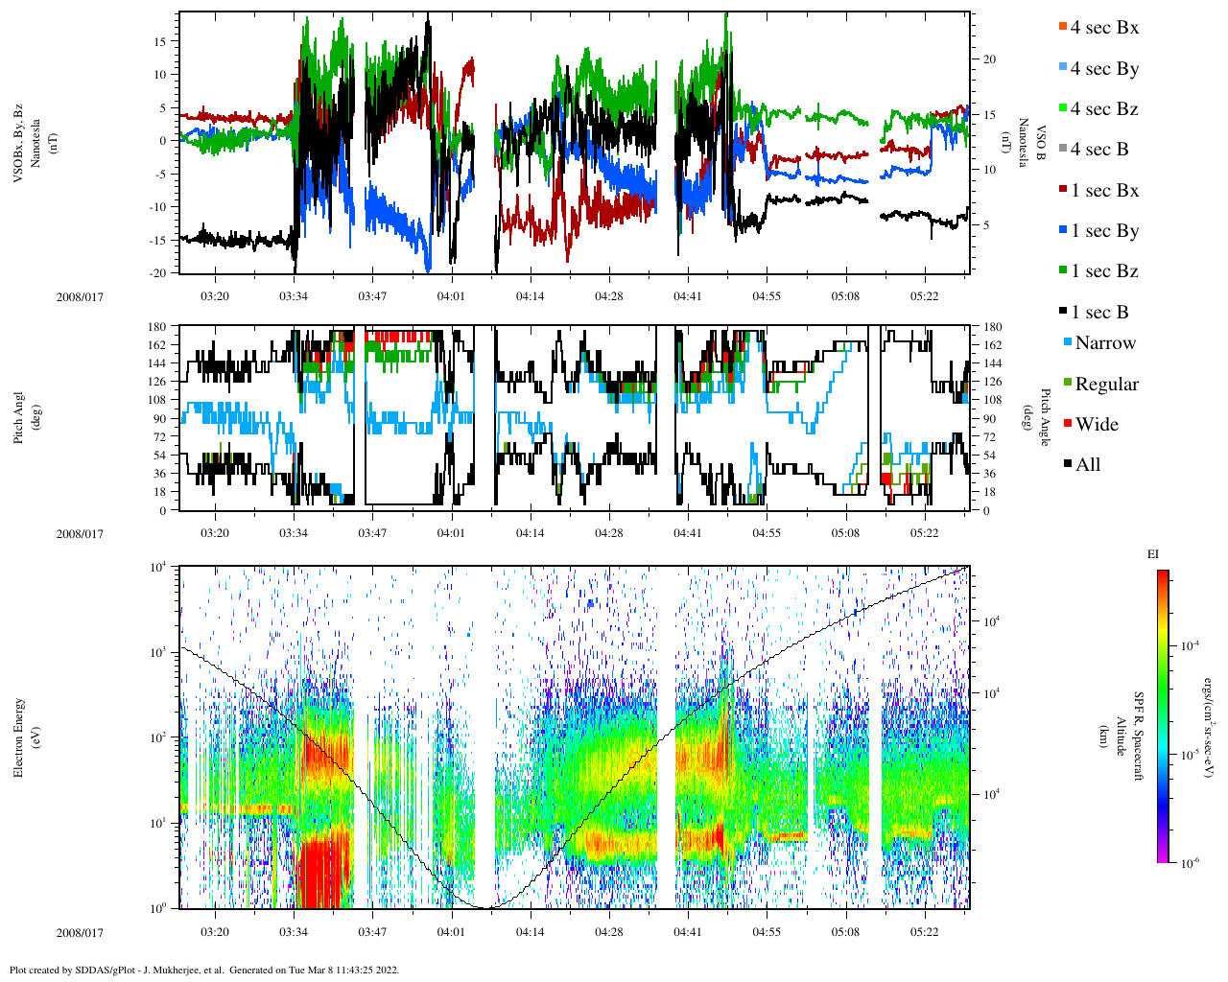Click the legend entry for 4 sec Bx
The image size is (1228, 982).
(x=1103, y=28)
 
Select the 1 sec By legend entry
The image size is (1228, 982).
(x=1103, y=231)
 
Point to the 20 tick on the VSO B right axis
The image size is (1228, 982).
(x=989, y=59)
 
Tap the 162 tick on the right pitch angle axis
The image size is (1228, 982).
(x=992, y=345)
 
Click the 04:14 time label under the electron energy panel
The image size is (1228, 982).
(x=530, y=932)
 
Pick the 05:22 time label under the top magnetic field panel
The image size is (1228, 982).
(x=924, y=296)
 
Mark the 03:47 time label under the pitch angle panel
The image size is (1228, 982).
(x=372, y=533)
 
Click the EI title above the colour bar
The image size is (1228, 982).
(x=1153, y=554)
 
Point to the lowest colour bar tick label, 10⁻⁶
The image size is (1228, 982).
(x=1190, y=863)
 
